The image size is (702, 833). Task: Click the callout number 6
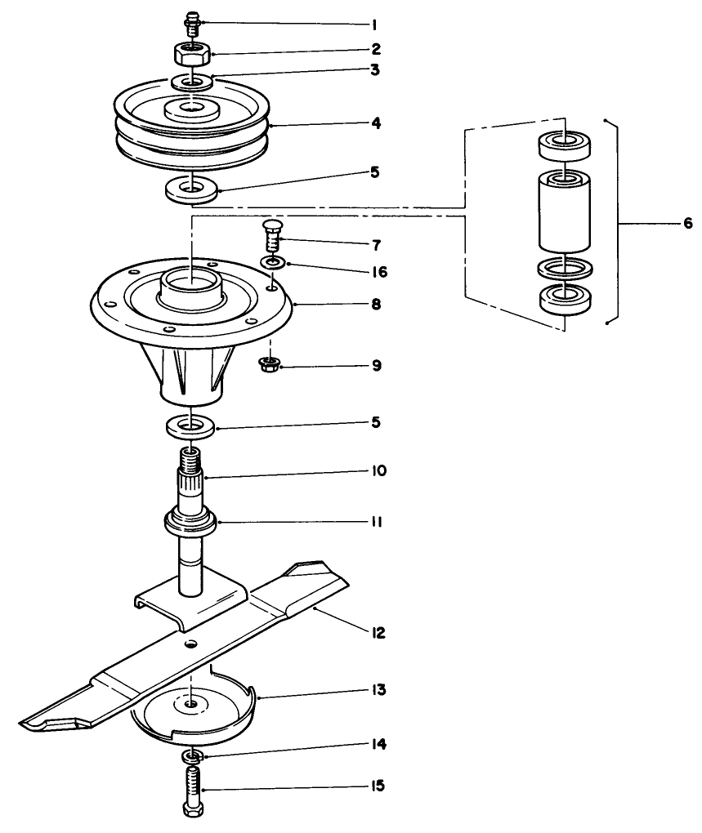click(x=687, y=222)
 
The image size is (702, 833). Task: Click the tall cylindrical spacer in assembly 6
click(x=564, y=212)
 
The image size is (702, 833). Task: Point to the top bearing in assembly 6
click(x=564, y=146)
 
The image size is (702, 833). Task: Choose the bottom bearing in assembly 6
click(x=564, y=298)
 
